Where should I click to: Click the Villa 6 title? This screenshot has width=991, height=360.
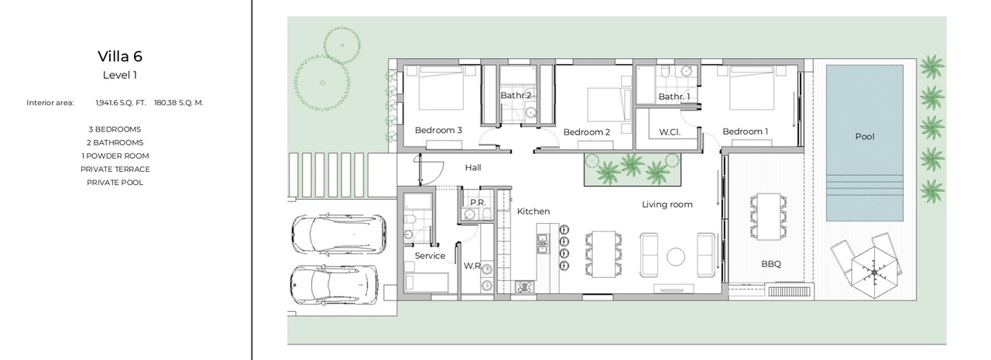point(120,57)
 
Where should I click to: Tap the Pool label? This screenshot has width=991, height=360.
point(865,137)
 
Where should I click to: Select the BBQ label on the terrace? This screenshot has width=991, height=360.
point(771,264)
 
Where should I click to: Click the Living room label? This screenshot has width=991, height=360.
point(667,204)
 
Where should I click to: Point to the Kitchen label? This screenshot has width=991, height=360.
point(533,211)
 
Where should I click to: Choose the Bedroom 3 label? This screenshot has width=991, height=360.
point(438,130)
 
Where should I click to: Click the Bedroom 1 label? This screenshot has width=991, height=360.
point(746,132)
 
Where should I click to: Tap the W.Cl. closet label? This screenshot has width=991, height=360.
point(670,132)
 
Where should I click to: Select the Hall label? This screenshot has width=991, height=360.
point(473,168)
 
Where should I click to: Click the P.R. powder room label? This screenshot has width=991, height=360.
point(478,203)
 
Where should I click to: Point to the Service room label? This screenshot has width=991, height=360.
point(430,255)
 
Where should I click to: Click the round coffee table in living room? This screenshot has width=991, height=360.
point(676,257)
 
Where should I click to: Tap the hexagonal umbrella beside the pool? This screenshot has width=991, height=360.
point(875,273)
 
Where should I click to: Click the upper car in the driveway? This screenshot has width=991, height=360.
point(338,235)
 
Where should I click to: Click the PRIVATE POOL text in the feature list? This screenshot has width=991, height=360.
point(115,183)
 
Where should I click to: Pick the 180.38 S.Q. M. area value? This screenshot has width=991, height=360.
point(179,103)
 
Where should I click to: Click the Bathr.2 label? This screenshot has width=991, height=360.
point(516,95)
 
